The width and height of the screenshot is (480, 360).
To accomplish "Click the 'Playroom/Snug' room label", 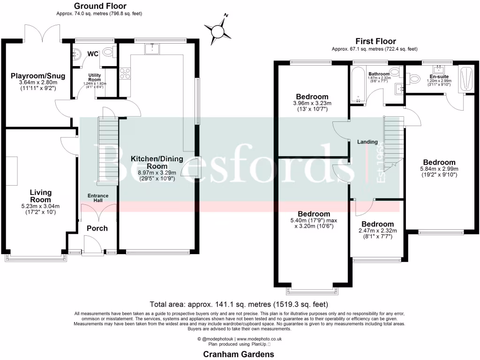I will coord(38,76).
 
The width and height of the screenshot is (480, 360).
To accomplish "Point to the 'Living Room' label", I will coord(40,196).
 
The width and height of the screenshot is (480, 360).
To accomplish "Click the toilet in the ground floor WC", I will coord(108,52).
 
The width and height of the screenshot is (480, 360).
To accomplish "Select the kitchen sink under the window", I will coord(152,49).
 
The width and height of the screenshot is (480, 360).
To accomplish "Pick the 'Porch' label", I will coord(97,228).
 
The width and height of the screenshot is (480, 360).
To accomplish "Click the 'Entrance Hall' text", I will coord(97,198).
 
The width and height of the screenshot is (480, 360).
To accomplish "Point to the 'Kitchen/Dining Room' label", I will coord(150,162).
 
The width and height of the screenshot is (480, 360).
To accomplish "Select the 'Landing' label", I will coord(367,142).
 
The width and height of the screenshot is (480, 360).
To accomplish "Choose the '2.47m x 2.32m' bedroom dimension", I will coord(377,231).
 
